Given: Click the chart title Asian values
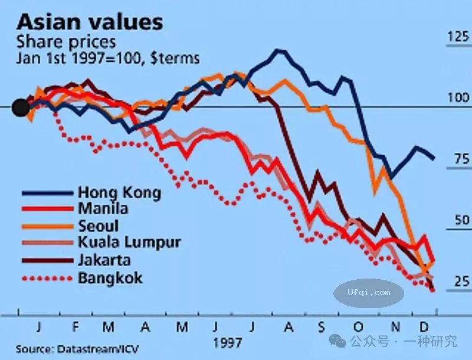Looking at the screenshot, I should [x=90, y=22].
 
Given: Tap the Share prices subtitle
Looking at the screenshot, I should [x=66, y=42].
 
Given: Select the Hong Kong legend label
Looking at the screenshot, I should [x=119, y=192].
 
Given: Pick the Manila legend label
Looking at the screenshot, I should [x=103, y=208].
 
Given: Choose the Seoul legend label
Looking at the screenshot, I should [x=98, y=225].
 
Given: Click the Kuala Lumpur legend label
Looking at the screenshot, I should [x=129, y=242].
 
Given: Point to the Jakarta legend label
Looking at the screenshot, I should [x=104, y=260].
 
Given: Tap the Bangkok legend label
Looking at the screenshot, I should [x=110, y=277].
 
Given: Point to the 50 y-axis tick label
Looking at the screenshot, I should [x=458, y=220].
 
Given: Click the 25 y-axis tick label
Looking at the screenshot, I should [x=458, y=282].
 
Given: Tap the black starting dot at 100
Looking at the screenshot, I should [x=21, y=107].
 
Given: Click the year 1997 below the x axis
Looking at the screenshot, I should [x=227, y=342].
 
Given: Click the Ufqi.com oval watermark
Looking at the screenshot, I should [x=369, y=292].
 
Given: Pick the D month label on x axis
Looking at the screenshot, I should [x=423, y=326].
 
